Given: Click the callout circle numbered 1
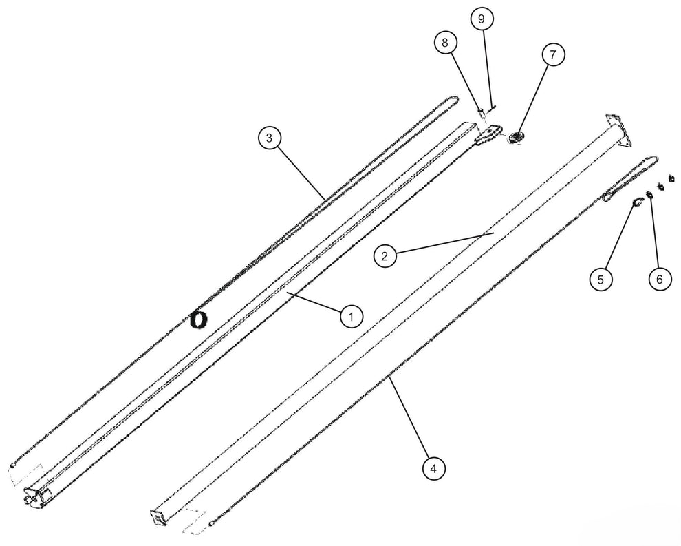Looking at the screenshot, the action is pos(351,317).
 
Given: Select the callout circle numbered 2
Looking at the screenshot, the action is pos(385,255).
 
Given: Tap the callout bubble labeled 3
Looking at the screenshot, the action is pos(269,138).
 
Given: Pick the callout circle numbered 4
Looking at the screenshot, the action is pos(433,469).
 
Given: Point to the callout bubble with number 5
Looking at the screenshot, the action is pos(601,279).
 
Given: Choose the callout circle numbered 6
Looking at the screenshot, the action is pos(660,279).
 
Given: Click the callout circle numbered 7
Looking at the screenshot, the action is pos(553,55).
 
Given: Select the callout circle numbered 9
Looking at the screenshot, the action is pos(481,19).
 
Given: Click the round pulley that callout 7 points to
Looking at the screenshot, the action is pos(516,138).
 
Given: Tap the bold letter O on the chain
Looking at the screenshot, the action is pos(199,320).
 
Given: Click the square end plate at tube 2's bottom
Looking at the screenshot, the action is pos(158,517).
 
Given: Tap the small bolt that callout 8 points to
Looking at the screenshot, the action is pos(482,113).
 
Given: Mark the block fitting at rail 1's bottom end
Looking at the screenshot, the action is pos(35,496).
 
